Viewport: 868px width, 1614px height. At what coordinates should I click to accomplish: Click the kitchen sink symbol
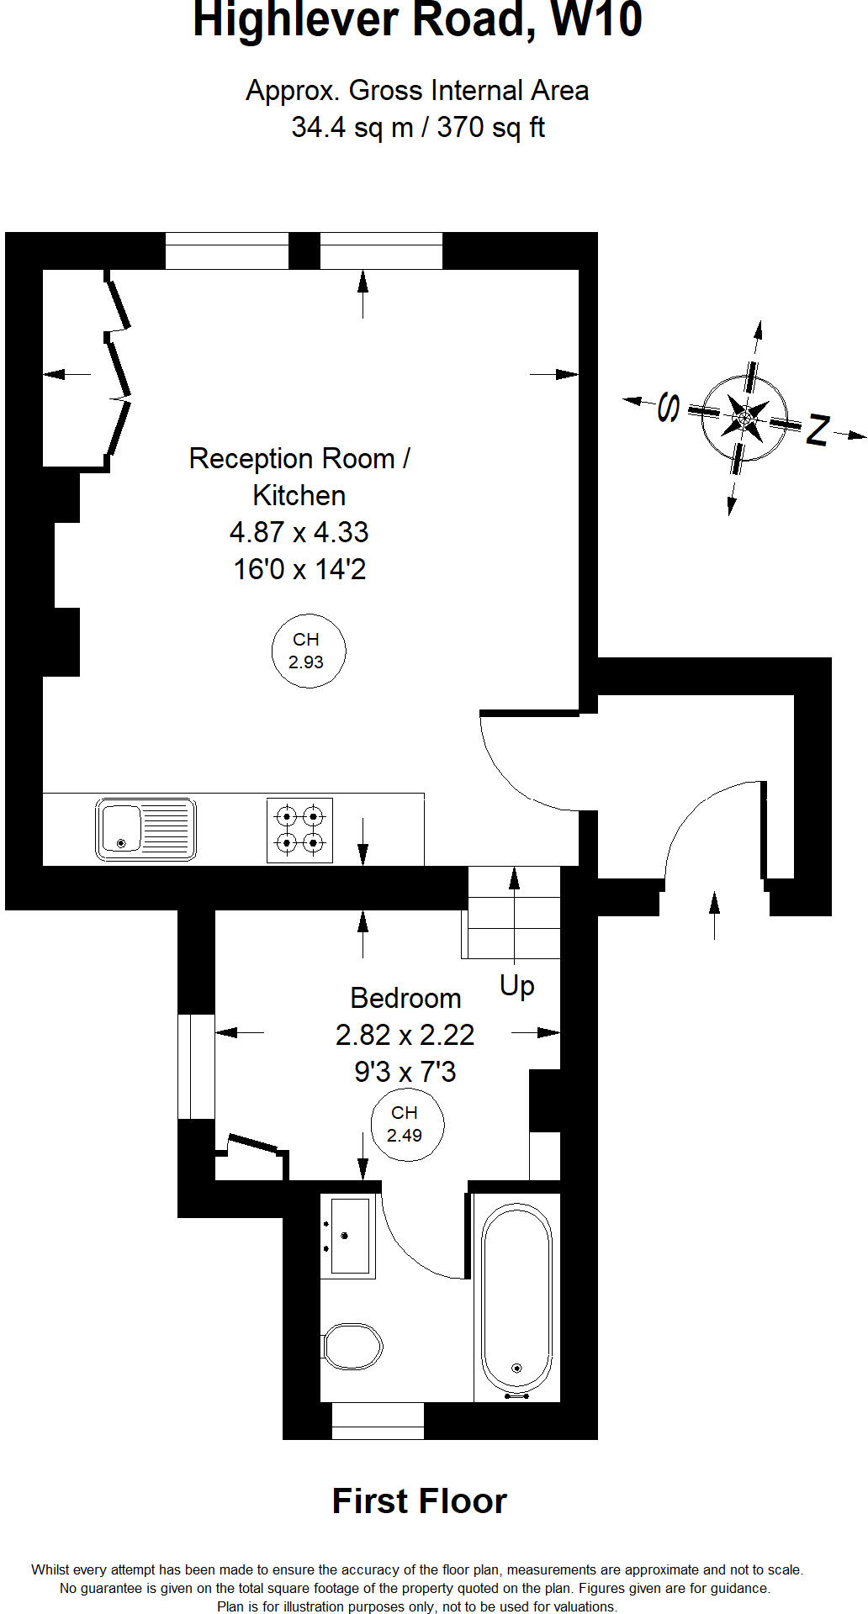(x=146, y=829)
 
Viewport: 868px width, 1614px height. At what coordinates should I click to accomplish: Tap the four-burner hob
(x=299, y=830)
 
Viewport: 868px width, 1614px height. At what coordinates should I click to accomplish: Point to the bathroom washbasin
(x=347, y=1237)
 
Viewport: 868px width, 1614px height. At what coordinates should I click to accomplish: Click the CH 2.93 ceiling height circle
(x=308, y=651)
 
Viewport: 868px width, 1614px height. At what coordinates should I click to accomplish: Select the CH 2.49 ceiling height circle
(x=407, y=1125)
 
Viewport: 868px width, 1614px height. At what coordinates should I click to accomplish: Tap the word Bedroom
(x=405, y=998)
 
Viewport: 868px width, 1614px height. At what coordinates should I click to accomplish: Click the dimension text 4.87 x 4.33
(x=299, y=532)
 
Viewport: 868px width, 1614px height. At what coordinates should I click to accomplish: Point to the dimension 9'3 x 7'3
(x=405, y=1072)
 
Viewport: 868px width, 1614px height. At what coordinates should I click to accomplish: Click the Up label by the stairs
(x=516, y=984)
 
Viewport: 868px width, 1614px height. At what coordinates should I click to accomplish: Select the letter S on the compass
(x=669, y=407)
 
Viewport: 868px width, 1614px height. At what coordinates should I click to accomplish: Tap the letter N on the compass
(x=818, y=430)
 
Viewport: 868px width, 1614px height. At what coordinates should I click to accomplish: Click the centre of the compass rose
(x=744, y=417)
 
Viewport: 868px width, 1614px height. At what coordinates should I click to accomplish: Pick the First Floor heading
(x=419, y=1501)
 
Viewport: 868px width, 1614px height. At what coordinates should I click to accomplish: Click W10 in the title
(x=595, y=20)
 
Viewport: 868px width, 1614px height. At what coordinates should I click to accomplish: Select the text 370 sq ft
(x=490, y=128)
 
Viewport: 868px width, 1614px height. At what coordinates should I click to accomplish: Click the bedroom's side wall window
(x=197, y=1066)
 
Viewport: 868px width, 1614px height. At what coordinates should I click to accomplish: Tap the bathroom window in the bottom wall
(x=378, y=1421)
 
